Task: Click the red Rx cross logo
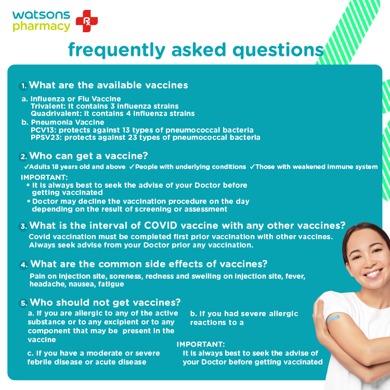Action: tap(86, 21)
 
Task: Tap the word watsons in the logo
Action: tap(41, 15)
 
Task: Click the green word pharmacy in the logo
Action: tap(41, 27)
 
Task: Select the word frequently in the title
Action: tap(116, 50)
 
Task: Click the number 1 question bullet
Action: tap(23, 86)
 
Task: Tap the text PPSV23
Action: tap(46, 137)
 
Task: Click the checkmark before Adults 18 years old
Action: tap(27, 166)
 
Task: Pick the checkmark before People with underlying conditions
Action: tap(132, 166)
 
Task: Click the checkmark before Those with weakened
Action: tap(252, 166)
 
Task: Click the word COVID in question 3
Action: tap(161, 225)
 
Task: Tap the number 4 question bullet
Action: tap(24, 265)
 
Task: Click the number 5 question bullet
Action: tap(23, 303)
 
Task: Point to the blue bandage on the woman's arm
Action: tap(333, 318)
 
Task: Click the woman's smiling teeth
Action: tap(372, 274)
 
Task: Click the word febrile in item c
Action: tap(40, 362)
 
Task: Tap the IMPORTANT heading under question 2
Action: tap(44, 177)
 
